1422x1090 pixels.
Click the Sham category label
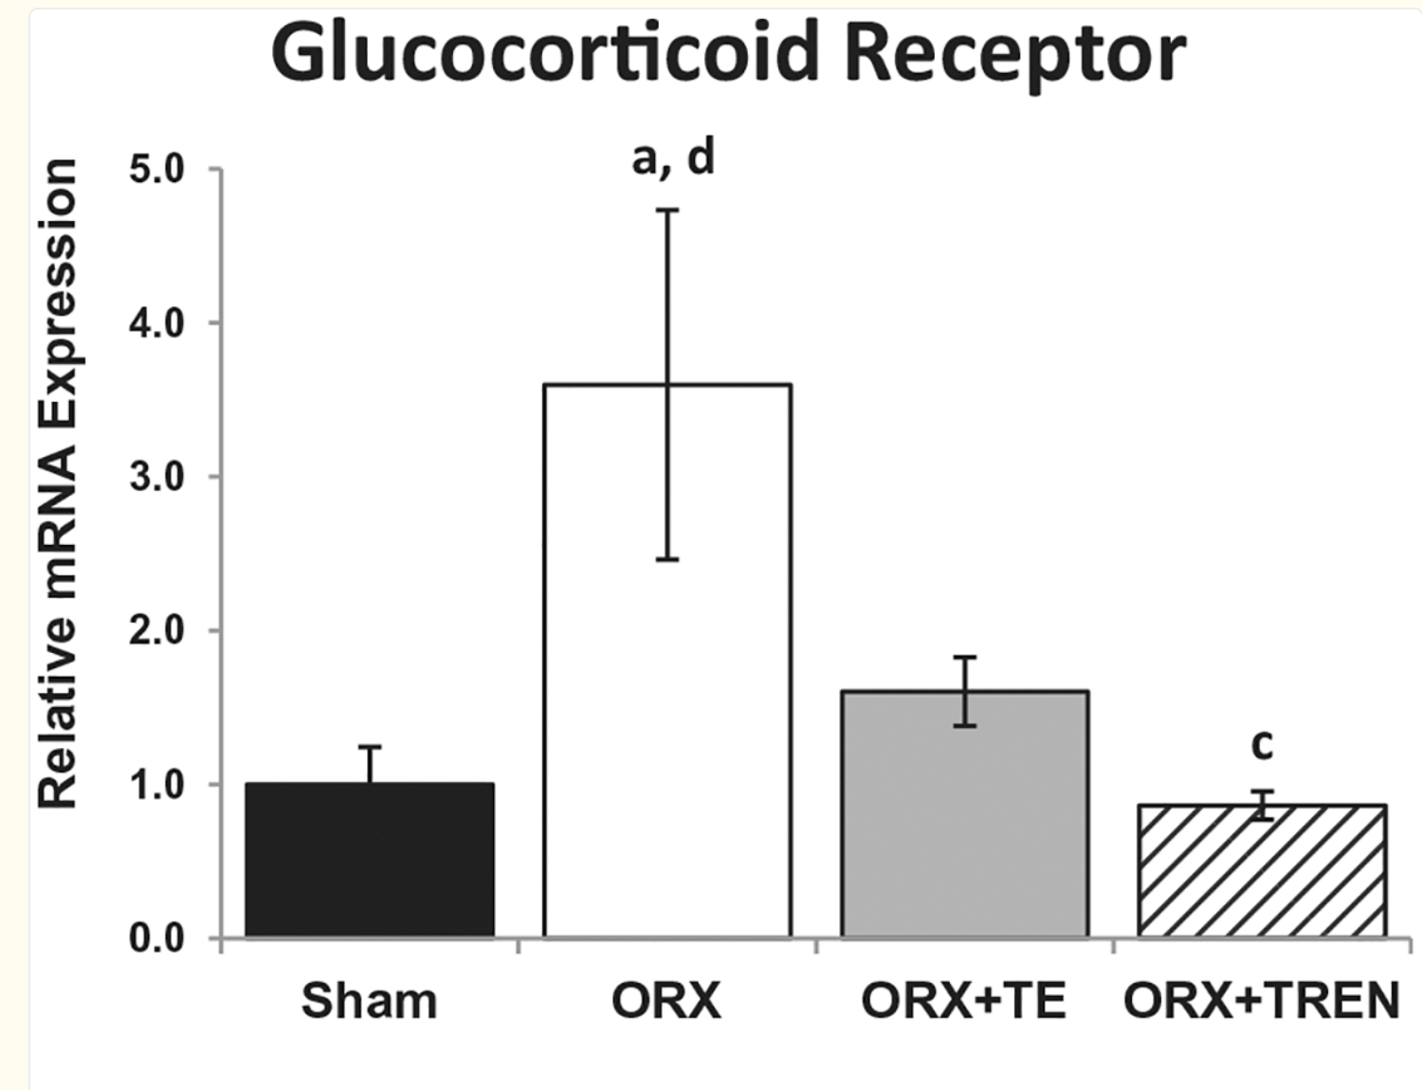tap(369, 1001)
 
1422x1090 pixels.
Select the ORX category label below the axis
tap(665, 1001)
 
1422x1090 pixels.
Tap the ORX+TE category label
tap(963, 1001)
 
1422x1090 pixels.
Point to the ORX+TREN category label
tap(1261, 1001)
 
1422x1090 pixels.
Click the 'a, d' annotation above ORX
tap(673, 158)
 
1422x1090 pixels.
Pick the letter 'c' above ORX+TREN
tap(1262, 745)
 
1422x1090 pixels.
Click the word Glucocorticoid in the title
tap(544, 53)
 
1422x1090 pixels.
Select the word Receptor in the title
tap(1014, 53)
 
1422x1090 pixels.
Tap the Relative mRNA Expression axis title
tap(57, 483)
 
